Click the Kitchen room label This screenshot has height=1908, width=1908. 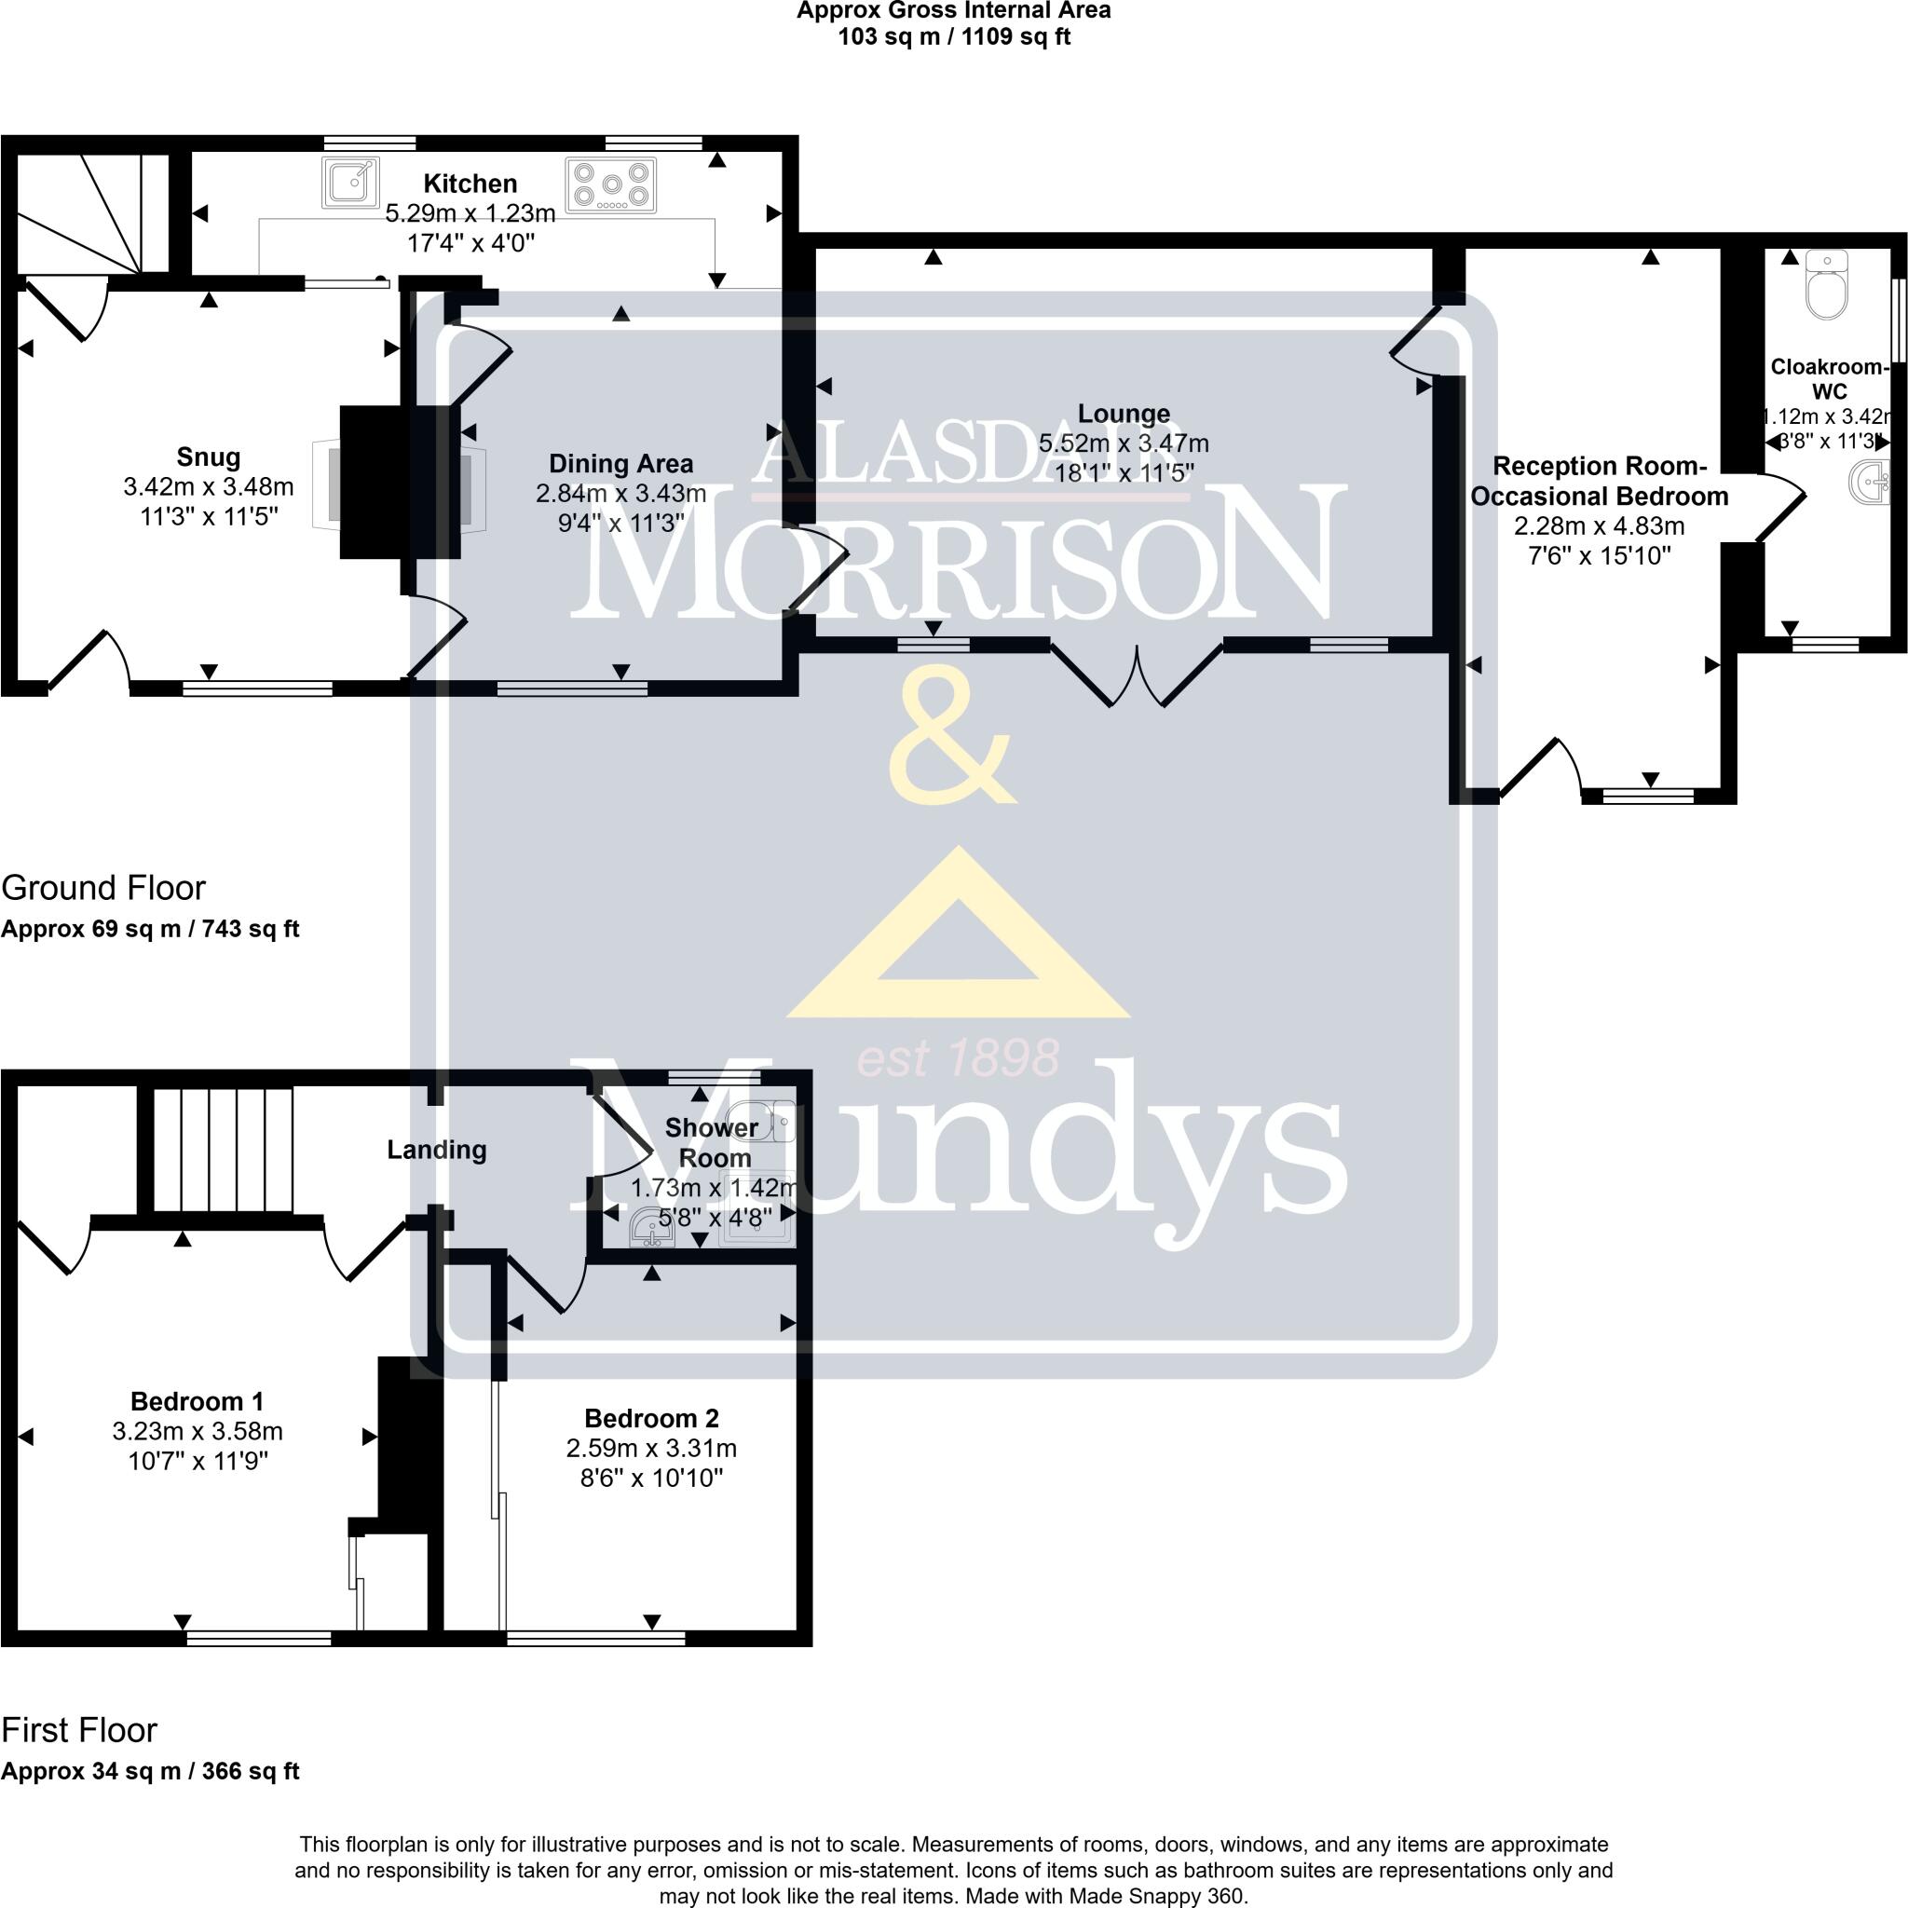[x=470, y=184]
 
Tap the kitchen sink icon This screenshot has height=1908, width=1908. [x=350, y=183]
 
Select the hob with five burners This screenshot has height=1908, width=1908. [x=611, y=184]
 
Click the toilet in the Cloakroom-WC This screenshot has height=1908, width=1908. [x=1826, y=286]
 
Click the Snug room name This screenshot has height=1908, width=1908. [x=209, y=457]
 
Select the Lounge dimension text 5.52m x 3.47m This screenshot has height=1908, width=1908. [x=1123, y=443]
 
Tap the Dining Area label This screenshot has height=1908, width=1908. [x=621, y=463]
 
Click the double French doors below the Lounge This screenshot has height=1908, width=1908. [x=1138, y=675]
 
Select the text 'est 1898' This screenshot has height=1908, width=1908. [x=958, y=1057]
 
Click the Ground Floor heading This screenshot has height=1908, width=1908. [x=103, y=888]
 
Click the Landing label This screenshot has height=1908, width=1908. [x=437, y=1150]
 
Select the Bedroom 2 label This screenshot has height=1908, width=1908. [x=652, y=1418]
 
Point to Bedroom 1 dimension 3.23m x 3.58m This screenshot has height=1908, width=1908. [x=198, y=1431]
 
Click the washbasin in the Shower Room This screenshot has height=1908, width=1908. [x=651, y=1228]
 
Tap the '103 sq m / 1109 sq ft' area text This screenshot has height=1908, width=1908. [x=954, y=37]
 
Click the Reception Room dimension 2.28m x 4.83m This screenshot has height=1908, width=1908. [x=1599, y=525]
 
